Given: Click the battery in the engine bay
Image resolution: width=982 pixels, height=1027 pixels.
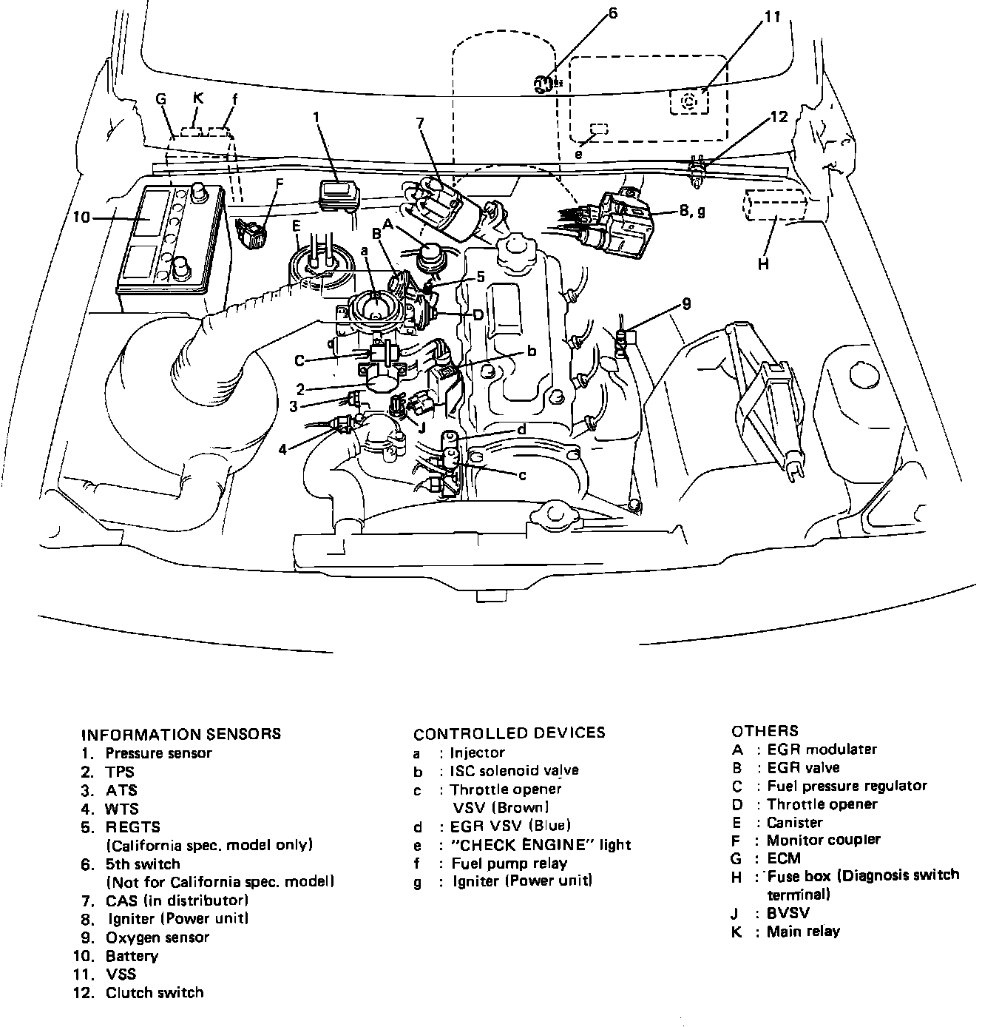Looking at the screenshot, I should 171,240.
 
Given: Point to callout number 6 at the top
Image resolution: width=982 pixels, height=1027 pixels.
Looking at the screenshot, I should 612,13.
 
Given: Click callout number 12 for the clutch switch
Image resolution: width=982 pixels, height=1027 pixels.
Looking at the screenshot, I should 779,117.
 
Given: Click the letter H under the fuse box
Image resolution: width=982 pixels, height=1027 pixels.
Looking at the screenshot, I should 764,263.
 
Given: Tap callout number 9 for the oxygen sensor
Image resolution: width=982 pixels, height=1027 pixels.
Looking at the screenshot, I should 686,303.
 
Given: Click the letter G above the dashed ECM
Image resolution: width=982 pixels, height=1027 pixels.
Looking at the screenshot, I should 161,99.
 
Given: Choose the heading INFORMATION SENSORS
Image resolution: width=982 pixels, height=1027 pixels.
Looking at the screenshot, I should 180,734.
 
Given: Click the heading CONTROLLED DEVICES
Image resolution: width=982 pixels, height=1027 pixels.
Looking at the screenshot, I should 509,733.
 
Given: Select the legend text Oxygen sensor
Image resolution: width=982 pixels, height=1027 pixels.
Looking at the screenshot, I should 158,937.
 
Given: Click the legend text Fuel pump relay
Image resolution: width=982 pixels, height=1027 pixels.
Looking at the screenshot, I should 509,863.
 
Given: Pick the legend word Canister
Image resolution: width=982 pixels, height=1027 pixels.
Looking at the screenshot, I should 794,822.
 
